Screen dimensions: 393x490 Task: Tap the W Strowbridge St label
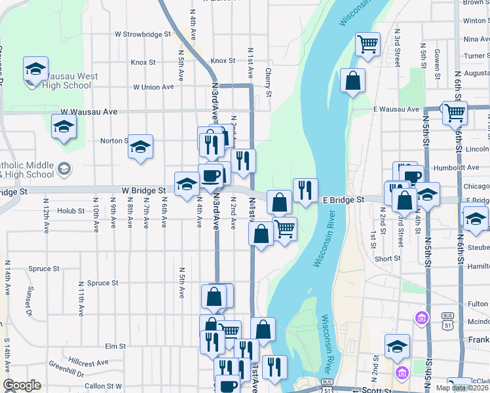point(142,33)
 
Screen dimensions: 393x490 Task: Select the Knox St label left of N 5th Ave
point(143,63)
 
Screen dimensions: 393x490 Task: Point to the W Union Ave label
point(153,86)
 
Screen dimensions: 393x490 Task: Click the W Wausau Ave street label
point(89,112)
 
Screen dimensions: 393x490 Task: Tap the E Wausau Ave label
point(396,109)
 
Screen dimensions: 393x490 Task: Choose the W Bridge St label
point(143,191)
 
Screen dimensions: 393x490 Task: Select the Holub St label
point(71,211)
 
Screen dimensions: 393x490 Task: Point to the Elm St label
point(115,345)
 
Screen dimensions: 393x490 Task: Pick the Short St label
point(387,259)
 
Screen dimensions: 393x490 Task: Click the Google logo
point(22,385)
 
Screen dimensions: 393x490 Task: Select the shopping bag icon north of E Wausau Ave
point(352,81)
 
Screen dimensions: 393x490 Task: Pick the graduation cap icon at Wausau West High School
point(35,68)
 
